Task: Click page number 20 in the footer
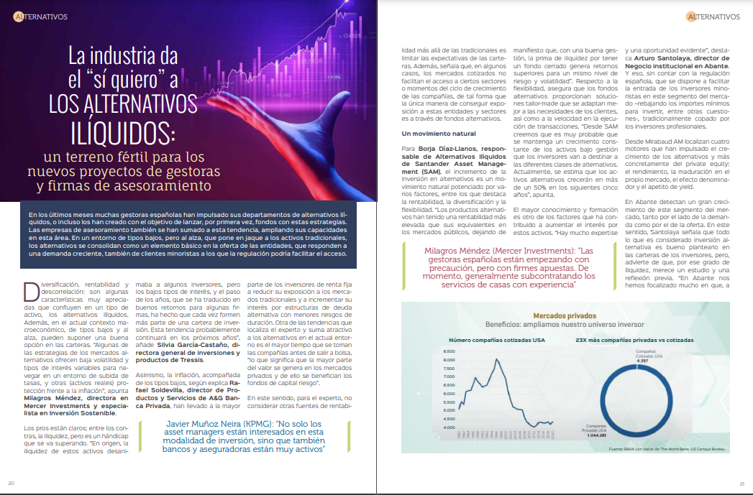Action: click(12, 483)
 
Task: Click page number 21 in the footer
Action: click(741, 483)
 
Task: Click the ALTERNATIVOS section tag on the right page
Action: click(712, 17)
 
